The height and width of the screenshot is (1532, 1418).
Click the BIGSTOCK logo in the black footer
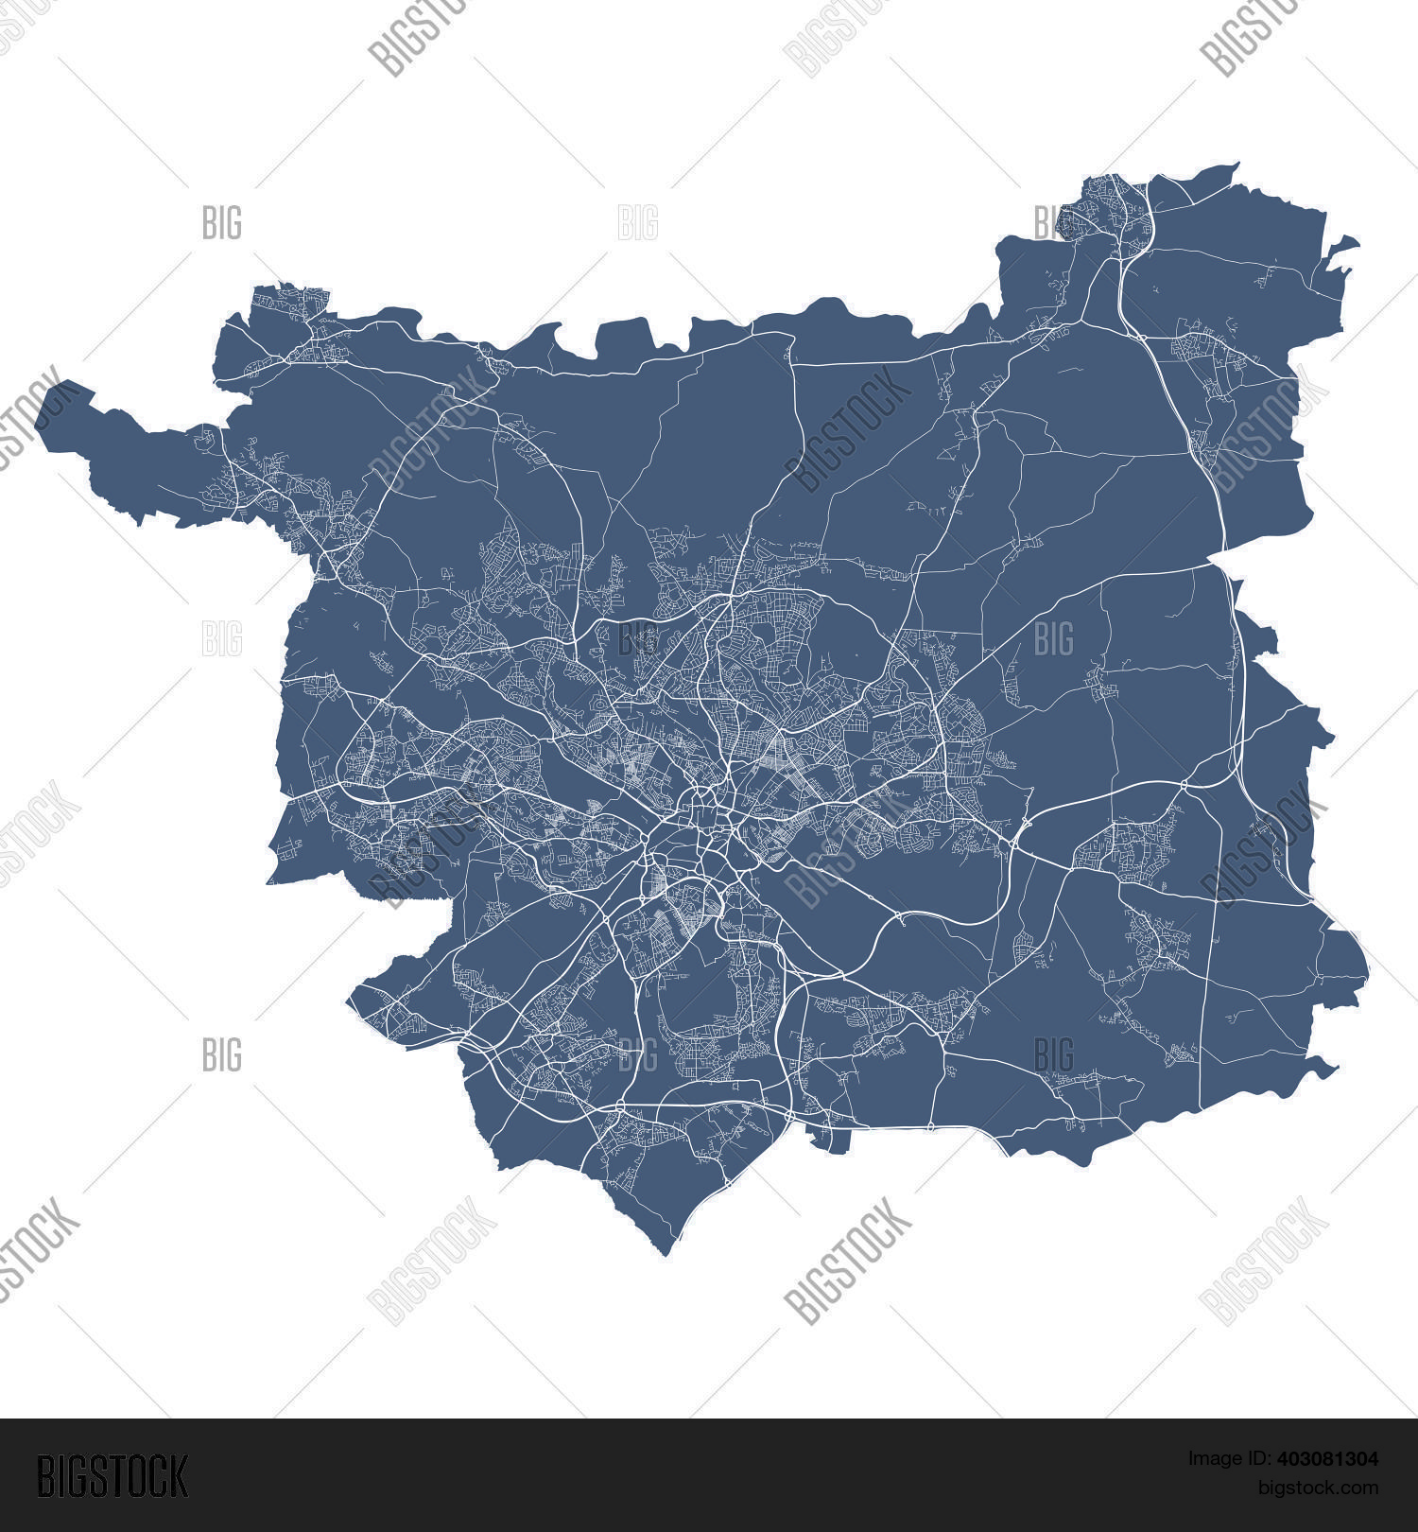(112, 1476)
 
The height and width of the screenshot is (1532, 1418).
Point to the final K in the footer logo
(179, 1476)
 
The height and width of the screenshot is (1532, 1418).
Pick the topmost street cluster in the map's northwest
(288, 303)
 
